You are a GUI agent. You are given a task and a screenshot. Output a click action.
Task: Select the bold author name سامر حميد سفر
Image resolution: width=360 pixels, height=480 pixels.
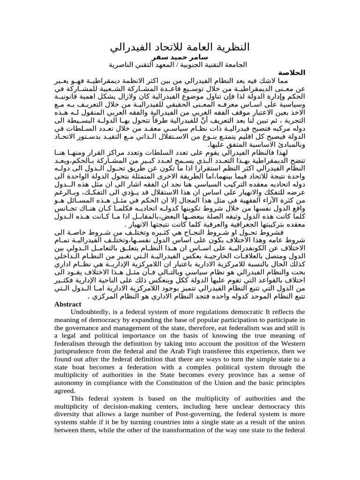180,57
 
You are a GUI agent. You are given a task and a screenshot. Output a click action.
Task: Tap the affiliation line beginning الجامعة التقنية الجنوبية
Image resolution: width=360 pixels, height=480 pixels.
180,65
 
